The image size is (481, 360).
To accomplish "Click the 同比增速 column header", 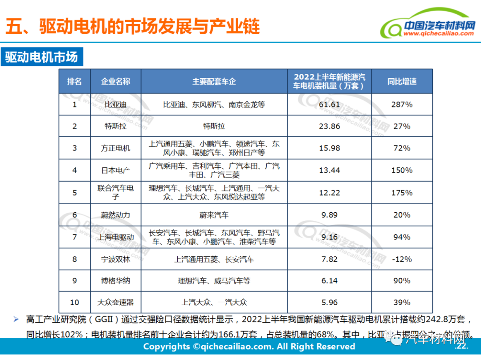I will point(402,81).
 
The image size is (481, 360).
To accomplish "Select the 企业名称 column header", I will point(115,81).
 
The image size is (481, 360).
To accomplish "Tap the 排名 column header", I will point(74,81).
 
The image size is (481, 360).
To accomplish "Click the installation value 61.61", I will point(330,105).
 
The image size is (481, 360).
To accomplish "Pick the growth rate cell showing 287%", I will point(402,105).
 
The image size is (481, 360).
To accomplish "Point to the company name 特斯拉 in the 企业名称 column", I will point(115,126).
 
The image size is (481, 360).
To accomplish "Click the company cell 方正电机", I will point(115,148).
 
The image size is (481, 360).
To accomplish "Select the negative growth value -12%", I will point(402,259).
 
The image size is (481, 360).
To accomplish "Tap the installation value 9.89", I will point(330,215).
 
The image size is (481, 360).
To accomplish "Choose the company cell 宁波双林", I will point(115,259).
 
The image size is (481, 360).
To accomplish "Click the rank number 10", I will point(74,303).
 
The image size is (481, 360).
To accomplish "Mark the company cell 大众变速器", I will point(115,303).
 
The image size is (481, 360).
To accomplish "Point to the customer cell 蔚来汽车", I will point(214,215).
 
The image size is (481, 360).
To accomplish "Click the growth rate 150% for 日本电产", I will point(402,170).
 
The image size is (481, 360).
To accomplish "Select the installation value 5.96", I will point(330,303).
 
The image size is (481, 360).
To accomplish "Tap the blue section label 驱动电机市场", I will point(41,57).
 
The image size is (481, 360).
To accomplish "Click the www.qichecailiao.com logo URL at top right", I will point(439,33).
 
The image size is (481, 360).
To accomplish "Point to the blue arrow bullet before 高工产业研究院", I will point(16,319).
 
